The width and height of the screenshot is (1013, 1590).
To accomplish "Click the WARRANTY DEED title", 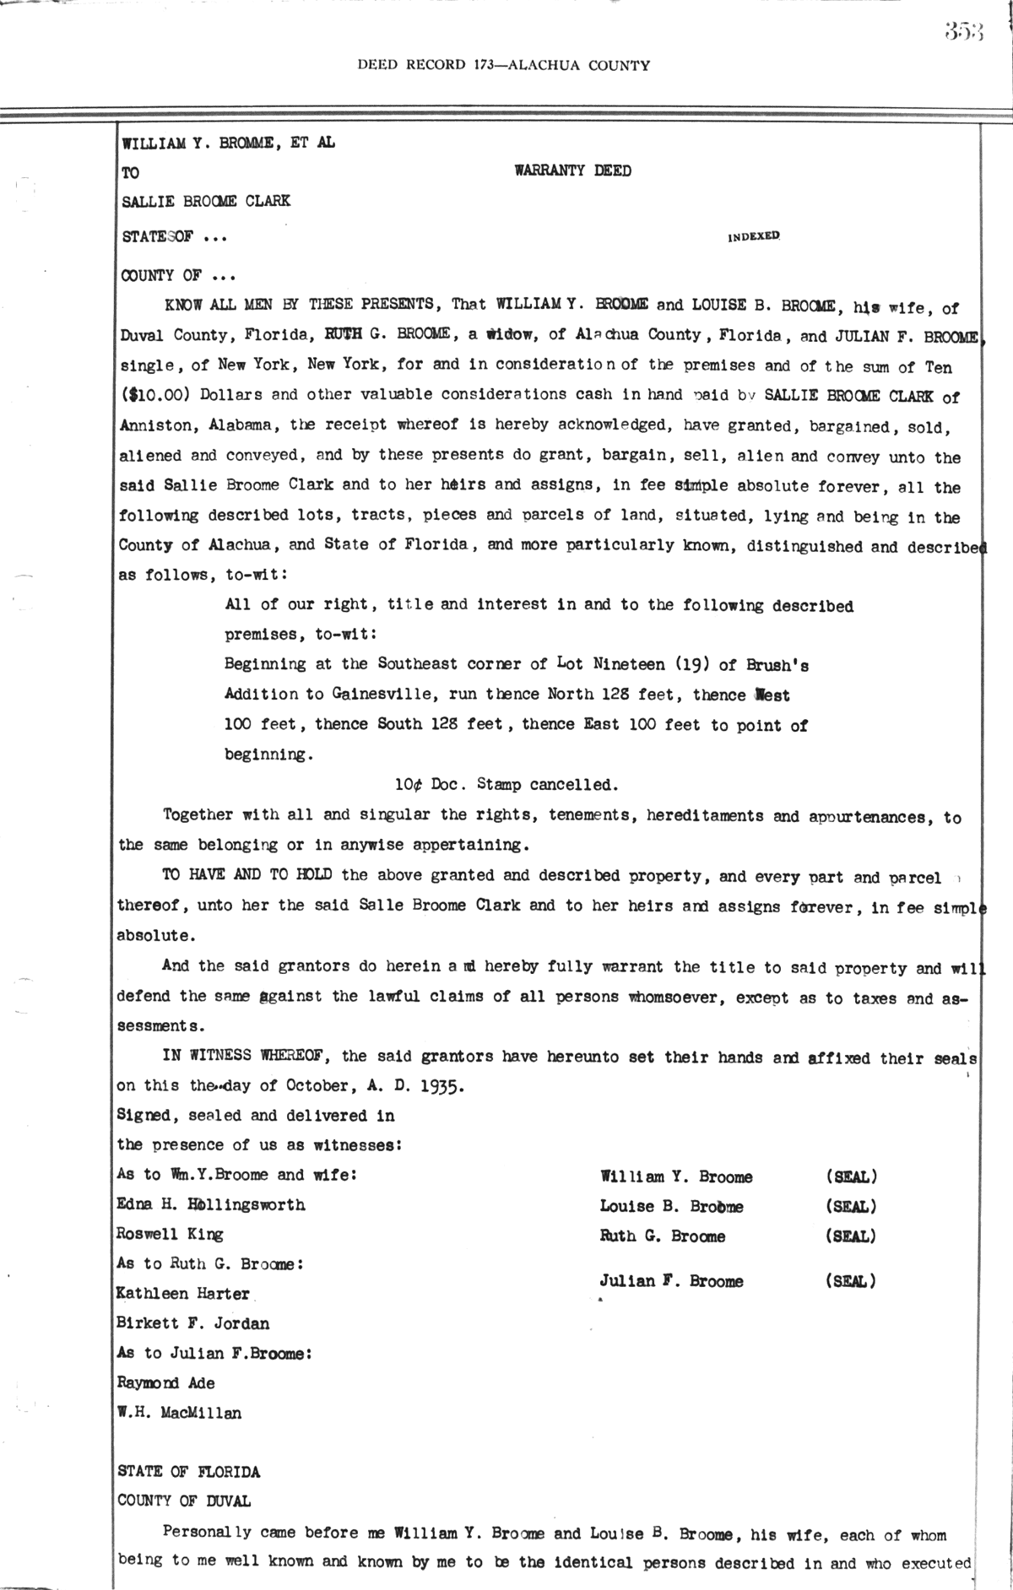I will (572, 171).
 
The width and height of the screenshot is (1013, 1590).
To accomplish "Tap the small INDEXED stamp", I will (754, 237).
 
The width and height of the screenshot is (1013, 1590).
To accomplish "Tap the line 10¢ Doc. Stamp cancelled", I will (506, 785).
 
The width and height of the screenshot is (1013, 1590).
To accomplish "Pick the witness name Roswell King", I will (170, 1235).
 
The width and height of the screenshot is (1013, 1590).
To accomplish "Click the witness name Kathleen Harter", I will (183, 1294).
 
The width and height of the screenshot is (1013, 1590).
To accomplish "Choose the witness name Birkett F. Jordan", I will (193, 1323).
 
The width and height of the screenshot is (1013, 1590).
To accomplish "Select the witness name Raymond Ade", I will (165, 1382).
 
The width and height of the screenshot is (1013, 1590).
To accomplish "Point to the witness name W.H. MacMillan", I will (179, 1412).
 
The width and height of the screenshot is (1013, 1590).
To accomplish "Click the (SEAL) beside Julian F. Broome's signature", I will (850, 1281).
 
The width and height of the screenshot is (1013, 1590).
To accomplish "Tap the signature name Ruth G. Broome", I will (662, 1236).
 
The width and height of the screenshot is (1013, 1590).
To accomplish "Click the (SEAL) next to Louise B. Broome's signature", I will (850, 1206).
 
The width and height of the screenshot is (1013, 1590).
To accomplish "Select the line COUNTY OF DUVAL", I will (183, 1501).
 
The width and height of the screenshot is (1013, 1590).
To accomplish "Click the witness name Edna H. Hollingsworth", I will (211, 1205).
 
